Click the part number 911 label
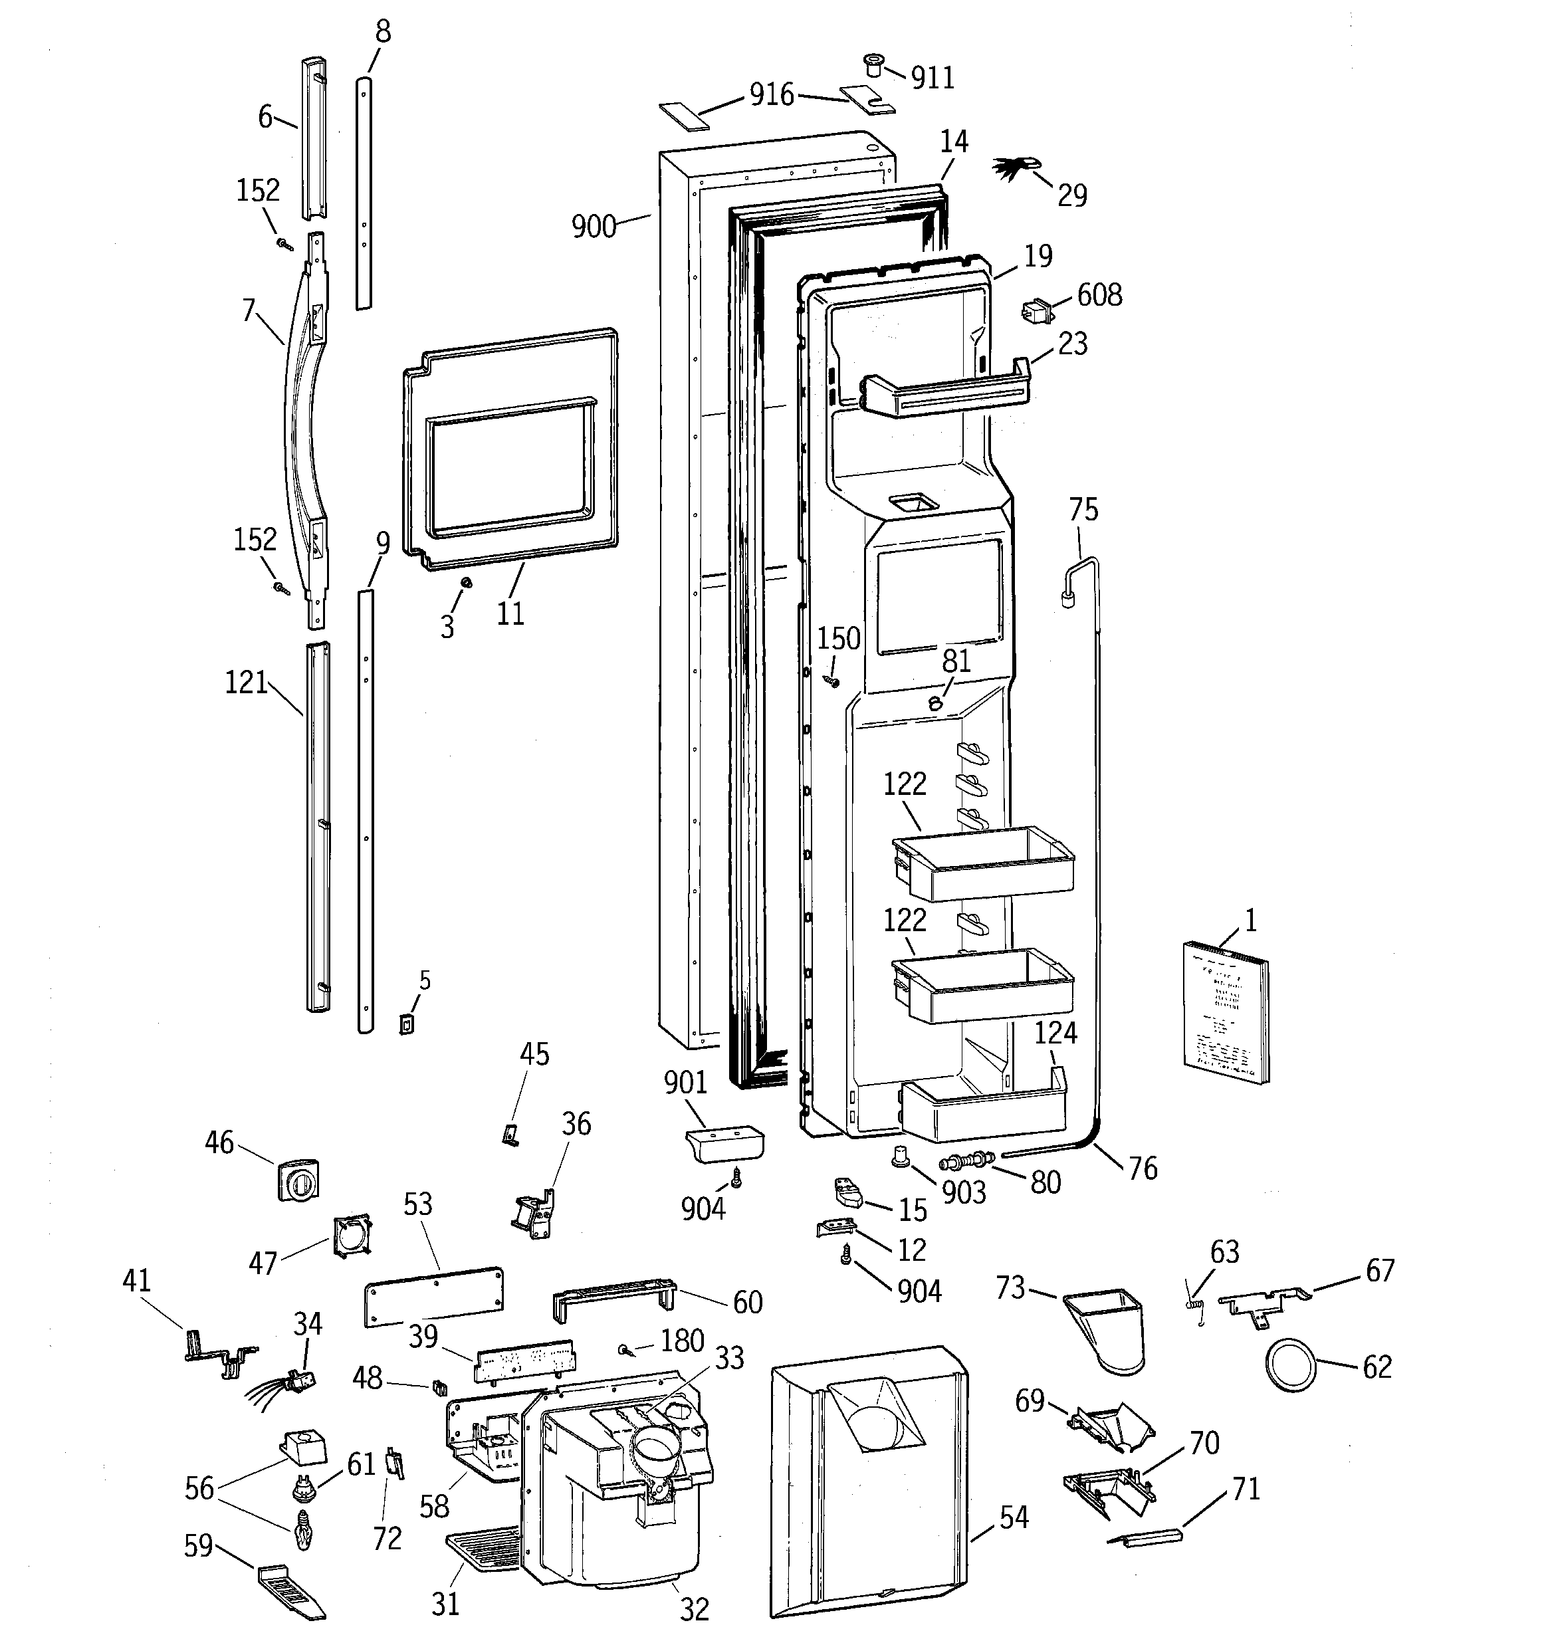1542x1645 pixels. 933,78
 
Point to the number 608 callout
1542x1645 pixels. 1099,294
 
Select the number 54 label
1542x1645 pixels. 1013,1517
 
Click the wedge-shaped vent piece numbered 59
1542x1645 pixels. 290,1590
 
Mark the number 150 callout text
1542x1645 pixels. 838,638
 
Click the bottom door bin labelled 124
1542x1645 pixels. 982,1110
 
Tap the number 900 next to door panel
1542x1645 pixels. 594,226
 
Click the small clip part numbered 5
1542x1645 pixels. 405,1024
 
